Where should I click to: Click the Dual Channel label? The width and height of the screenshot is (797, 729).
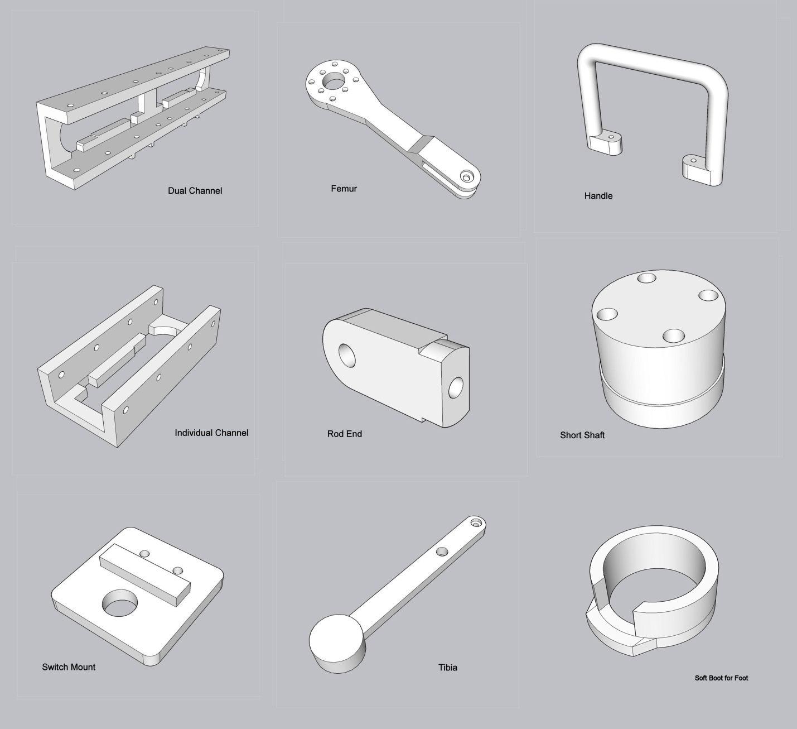pyautogui.click(x=195, y=191)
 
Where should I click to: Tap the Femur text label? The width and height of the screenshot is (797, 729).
pyautogui.click(x=344, y=189)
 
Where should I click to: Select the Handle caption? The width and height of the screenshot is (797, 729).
pyautogui.click(x=598, y=196)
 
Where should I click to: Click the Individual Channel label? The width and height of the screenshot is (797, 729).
pyautogui.click(x=211, y=433)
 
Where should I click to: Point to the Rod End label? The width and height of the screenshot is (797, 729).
pyautogui.click(x=345, y=434)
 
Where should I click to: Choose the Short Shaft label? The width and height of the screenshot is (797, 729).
pyautogui.click(x=582, y=435)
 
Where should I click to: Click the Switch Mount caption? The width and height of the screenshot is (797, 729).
pyautogui.click(x=69, y=667)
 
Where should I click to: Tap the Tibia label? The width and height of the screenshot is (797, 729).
pyautogui.click(x=448, y=668)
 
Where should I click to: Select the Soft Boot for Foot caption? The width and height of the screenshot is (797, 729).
pyautogui.click(x=721, y=678)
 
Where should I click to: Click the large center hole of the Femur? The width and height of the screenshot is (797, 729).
pyautogui.click(x=334, y=81)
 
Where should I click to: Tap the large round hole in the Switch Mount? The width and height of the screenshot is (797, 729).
pyautogui.click(x=119, y=603)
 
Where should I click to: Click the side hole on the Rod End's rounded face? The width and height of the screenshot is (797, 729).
pyautogui.click(x=347, y=355)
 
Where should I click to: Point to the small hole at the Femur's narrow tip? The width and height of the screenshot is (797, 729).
pyautogui.click(x=465, y=176)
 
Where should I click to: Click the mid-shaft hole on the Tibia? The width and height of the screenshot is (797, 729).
pyautogui.click(x=442, y=551)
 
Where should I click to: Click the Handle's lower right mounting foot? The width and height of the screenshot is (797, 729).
pyautogui.click(x=696, y=170)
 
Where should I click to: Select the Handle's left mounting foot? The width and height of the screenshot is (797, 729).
pyautogui.click(x=606, y=143)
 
